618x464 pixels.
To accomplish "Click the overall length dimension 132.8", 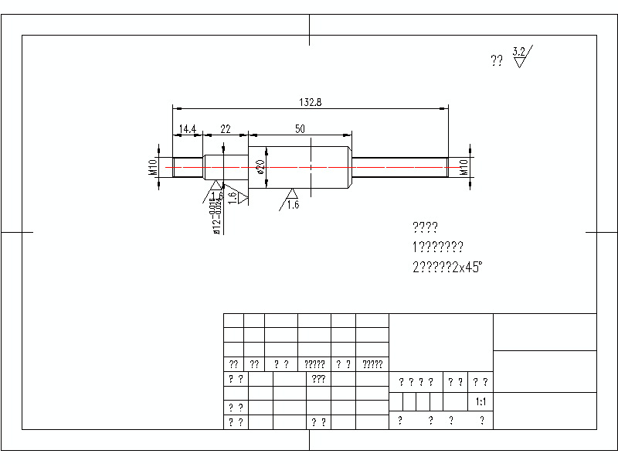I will (310, 102).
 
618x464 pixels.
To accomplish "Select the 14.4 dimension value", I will (187, 128).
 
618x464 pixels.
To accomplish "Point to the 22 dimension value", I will (226, 128).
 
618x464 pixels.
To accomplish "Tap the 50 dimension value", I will (299, 128).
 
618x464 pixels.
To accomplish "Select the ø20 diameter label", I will (261, 166).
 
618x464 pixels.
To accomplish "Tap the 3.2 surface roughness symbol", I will (521, 56).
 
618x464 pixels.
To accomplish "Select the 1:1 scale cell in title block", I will (480, 402).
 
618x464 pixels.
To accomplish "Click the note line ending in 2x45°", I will (448, 268).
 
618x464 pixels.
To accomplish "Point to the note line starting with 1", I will (438, 247).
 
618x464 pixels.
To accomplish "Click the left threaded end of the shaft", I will (188, 166).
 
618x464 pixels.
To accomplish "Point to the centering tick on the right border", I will (602, 231).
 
